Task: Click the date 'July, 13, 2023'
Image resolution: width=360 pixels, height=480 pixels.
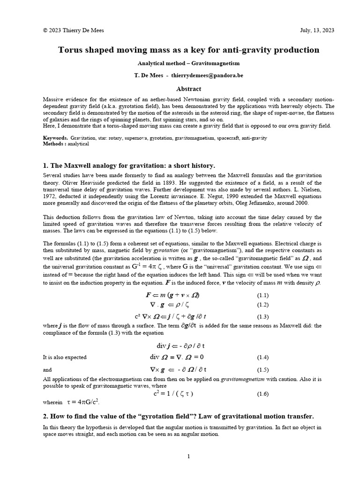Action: (317, 30)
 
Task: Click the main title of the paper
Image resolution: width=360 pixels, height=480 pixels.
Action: (188, 50)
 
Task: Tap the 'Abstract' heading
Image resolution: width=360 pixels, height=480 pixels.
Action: (188, 89)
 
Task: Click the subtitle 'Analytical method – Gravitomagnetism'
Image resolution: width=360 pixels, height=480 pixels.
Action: (188, 64)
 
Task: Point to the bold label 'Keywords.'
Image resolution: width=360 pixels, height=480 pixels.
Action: (55, 138)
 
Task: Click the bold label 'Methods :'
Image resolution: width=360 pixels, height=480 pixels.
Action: (54, 144)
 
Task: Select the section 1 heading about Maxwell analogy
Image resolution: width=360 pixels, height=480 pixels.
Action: (129, 166)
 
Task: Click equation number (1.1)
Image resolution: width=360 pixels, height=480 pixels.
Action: (262, 296)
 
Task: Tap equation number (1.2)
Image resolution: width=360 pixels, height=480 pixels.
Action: (262, 305)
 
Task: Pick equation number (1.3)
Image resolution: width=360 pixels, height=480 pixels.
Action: (262, 317)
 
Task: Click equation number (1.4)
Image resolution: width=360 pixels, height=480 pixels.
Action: (262, 357)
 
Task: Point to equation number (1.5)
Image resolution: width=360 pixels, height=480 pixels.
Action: (262, 369)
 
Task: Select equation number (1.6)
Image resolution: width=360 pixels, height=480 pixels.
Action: (262, 394)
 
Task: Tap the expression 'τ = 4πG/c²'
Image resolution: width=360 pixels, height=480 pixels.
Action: (83, 402)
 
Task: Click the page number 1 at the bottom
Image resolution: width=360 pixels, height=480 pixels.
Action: (188, 457)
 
